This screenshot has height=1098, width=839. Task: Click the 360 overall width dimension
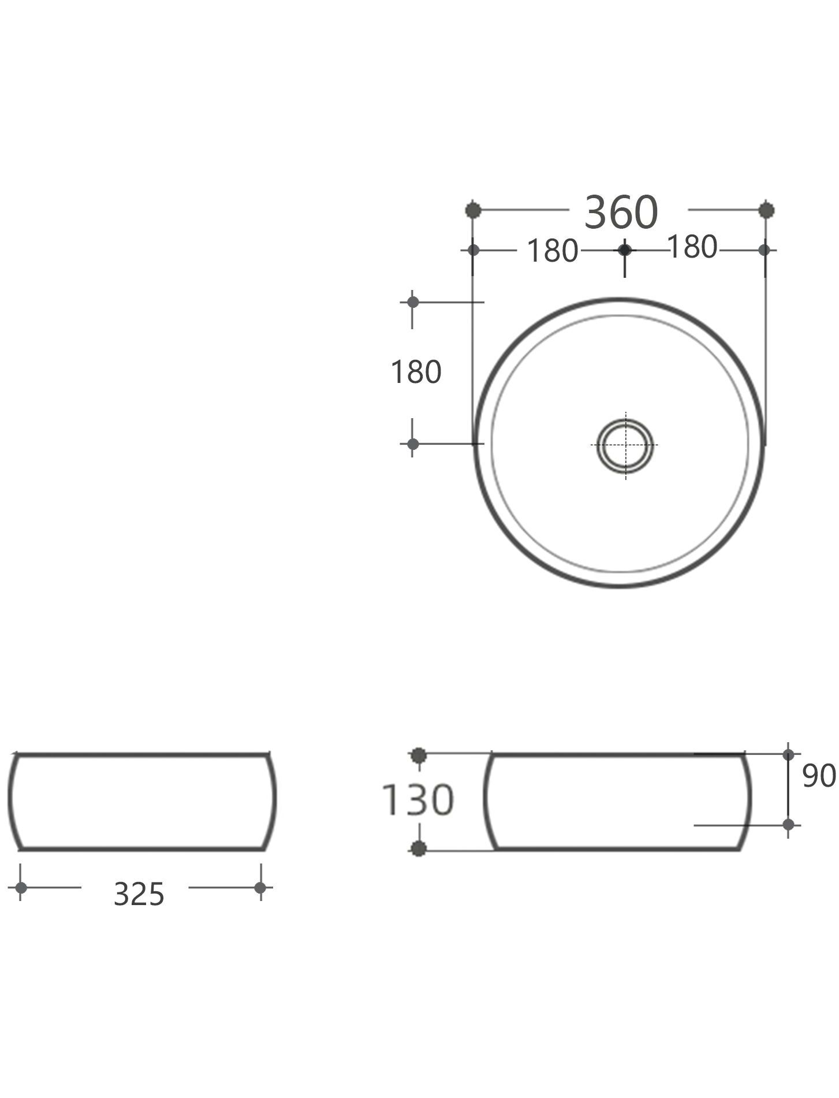tap(621, 212)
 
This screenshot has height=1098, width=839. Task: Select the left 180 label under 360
tap(553, 251)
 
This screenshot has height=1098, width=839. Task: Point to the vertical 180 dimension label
tap(416, 372)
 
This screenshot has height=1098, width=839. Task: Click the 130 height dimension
tap(418, 800)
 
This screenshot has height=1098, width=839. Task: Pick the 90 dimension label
tap(819, 776)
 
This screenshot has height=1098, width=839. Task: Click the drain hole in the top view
tap(626, 445)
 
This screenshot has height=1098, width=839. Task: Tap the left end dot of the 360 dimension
tap(473, 210)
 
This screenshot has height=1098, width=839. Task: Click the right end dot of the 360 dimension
tap(766, 210)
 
